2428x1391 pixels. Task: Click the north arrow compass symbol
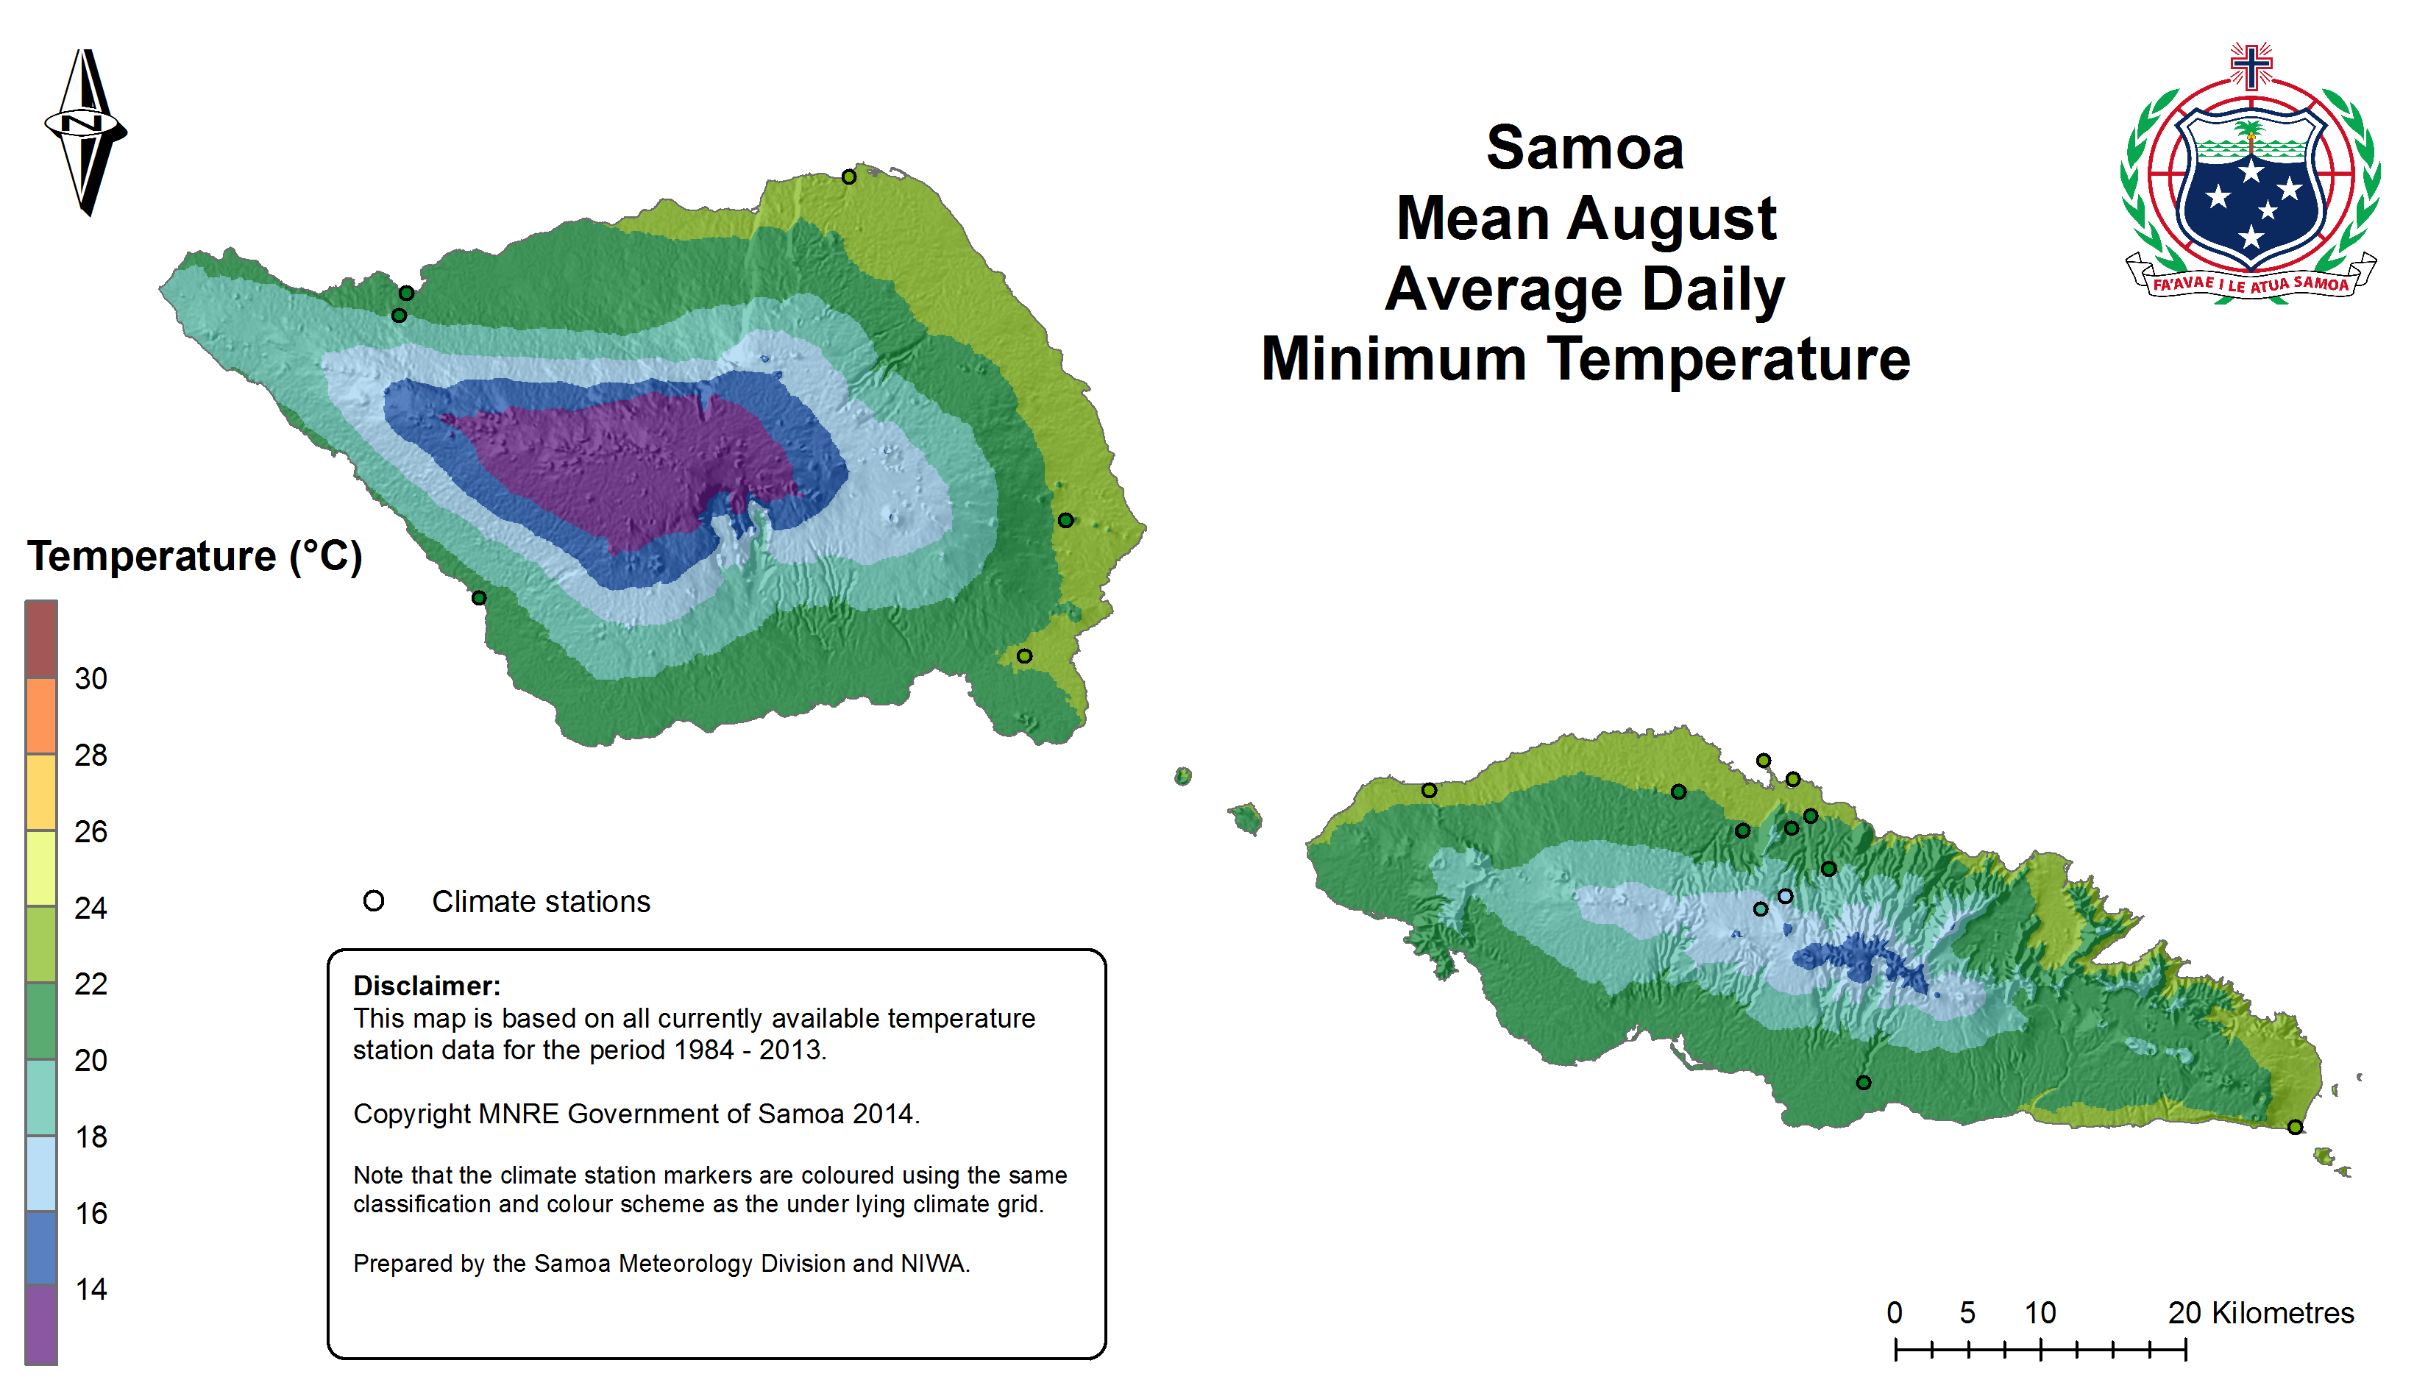point(86,132)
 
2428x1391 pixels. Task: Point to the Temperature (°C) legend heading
point(195,556)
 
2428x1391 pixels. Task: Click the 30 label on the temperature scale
point(90,678)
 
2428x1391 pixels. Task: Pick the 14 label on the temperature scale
point(90,1289)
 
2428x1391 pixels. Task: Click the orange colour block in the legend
point(41,716)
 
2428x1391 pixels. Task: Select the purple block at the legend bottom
point(41,1324)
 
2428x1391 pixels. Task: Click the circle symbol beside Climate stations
point(374,901)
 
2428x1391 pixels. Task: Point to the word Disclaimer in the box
point(426,986)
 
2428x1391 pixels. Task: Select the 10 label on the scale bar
point(2040,1313)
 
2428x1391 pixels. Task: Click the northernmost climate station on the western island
point(848,177)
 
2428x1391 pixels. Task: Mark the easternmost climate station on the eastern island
point(2295,1128)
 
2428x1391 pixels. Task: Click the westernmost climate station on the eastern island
point(1429,790)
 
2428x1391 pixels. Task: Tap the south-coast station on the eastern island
point(1863,1082)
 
